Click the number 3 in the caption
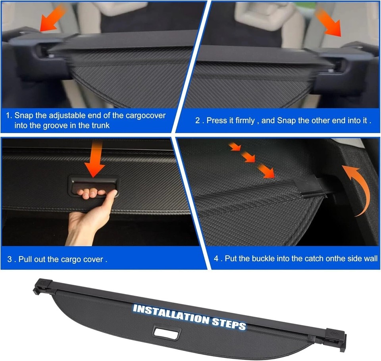coord(9,260)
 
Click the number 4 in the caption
coord(216,258)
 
